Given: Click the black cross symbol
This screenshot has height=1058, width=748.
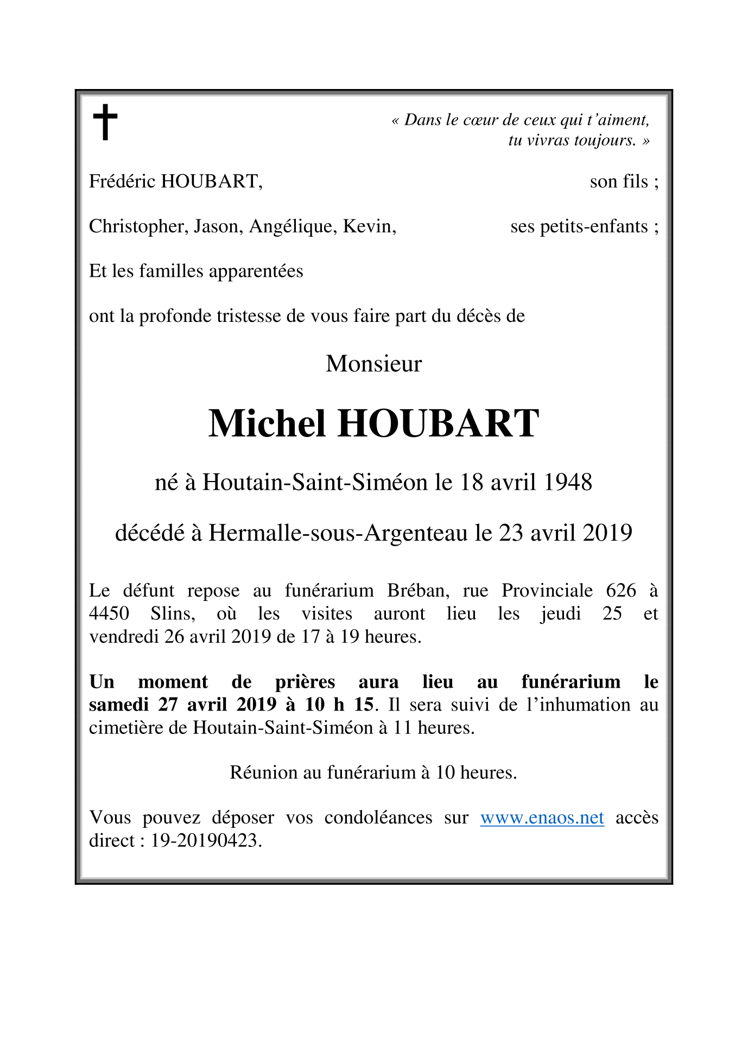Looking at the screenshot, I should (x=105, y=122).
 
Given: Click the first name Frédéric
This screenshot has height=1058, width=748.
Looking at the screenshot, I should (x=122, y=181).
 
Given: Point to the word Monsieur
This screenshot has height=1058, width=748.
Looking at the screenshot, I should (x=373, y=364).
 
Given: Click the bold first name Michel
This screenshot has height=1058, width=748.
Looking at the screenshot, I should (x=267, y=423).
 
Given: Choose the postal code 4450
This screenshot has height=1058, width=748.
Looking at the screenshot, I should (x=109, y=613).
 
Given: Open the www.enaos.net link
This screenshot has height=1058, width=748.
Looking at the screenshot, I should (x=542, y=818).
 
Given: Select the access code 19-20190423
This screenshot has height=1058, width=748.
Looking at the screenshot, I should (x=206, y=841).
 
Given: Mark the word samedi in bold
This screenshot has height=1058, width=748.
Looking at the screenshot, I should (x=118, y=705).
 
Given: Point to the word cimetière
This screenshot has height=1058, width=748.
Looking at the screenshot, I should (x=126, y=727).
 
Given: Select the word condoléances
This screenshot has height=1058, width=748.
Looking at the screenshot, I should (x=378, y=818).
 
